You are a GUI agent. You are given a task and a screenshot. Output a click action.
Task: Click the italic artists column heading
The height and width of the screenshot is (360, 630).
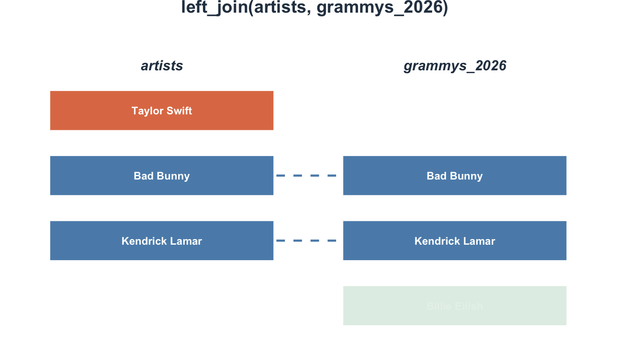click(162, 66)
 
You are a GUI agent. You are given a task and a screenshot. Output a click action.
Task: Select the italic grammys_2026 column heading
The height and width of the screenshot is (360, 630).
click(455, 66)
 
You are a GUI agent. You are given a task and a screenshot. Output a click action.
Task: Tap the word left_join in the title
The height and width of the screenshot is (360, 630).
click(214, 8)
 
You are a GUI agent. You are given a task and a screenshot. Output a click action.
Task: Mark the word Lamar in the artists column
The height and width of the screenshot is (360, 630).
click(187, 241)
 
